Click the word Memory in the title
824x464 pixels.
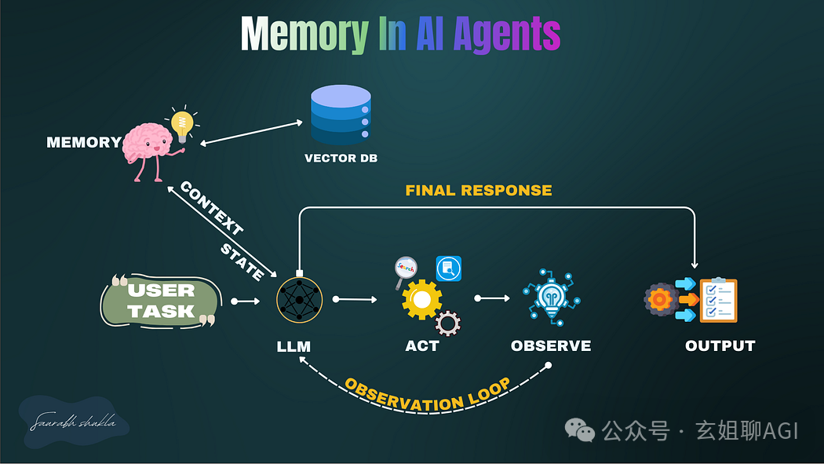[x=304, y=35]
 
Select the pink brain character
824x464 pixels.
[x=149, y=146]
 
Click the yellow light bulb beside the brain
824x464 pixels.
[x=182, y=124]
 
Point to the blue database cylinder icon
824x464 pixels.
[x=341, y=115]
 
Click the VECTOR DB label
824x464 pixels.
[x=341, y=159]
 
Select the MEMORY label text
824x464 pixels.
[x=83, y=143]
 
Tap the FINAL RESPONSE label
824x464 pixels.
[x=478, y=191]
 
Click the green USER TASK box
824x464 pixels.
[x=161, y=301]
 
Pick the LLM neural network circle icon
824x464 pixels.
[x=300, y=301]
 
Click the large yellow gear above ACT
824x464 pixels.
[x=421, y=300]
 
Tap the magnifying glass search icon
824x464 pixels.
[x=405, y=270]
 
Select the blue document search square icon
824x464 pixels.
[x=449, y=269]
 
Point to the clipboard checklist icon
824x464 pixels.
[x=718, y=300]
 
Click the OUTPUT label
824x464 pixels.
[x=720, y=346]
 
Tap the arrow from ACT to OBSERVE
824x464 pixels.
[x=492, y=298]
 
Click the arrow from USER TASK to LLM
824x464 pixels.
[x=245, y=301]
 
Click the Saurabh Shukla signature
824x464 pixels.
[x=73, y=423]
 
